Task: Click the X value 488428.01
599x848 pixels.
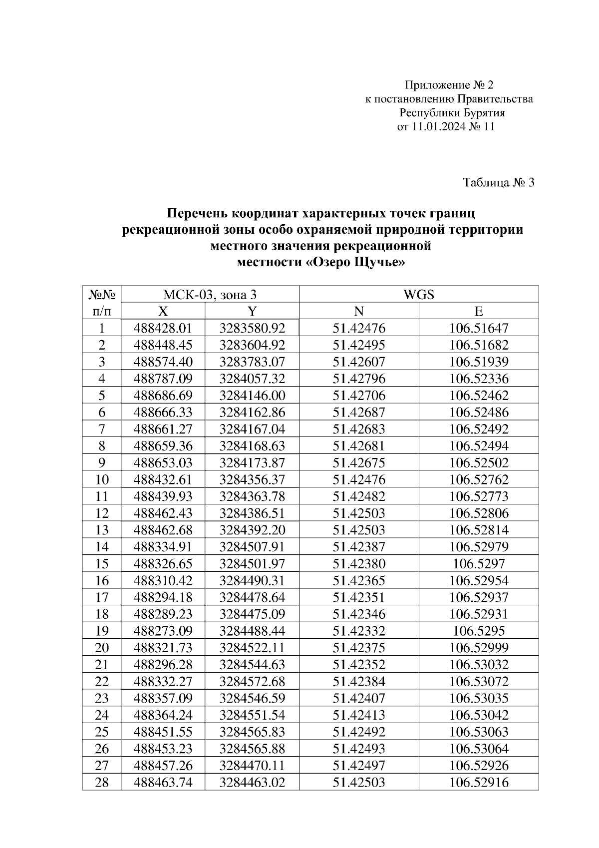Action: pyautogui.click(x=163, y=328)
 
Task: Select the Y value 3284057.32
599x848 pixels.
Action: pyautogui.click(x=252, y=379)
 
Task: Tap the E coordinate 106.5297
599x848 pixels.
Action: pyautogui.click(x=479, y=564)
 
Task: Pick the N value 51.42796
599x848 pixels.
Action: pyautogui.click(x=359, y=379)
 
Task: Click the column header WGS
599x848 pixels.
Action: pyautogui.click(x=418, y=295)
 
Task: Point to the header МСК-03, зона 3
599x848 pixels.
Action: pyautogui.click(x=210, y=295)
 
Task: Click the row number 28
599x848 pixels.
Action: pyautogui.click(x=102, y=782)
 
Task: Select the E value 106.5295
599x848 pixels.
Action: pyautogui.click(x=479, y=631)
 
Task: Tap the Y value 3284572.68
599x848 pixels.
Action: pyautogui.click(x=252, y=681)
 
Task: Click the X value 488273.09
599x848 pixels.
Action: pyautogui.click(x=163, y=631)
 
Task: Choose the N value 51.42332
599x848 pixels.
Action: pyautogui.click(x=359, y=631)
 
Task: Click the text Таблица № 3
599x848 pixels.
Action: pyautogui.click(x=499, y=183)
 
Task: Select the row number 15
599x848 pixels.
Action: pyautogui.click(x=102, y=564)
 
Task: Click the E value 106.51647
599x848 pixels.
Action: pyautogui.click(x=479, y=328)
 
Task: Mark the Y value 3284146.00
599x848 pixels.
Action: pyautogui.click(x=252, y=396)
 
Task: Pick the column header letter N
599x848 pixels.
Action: pyautogui.click(x=359, y=312)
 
